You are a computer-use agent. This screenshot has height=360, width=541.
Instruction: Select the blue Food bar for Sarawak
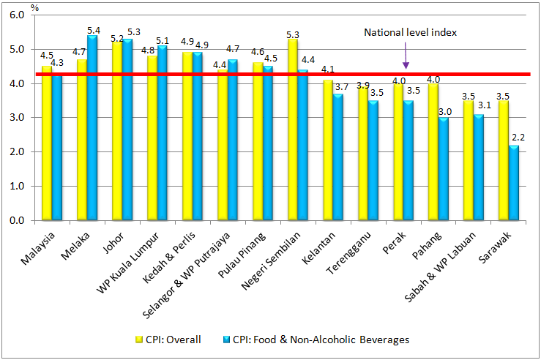[x=515, y=183]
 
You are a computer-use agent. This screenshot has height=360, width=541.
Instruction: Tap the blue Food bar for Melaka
[x=93, y=128]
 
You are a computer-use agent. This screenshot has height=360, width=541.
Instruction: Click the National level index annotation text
[x=411, y=32]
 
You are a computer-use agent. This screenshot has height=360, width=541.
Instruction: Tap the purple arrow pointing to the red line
[x=406, y=57]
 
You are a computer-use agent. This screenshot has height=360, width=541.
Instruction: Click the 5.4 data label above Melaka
[x=94, y=30]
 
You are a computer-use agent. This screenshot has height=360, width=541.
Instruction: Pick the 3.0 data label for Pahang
[x=445, y=111]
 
